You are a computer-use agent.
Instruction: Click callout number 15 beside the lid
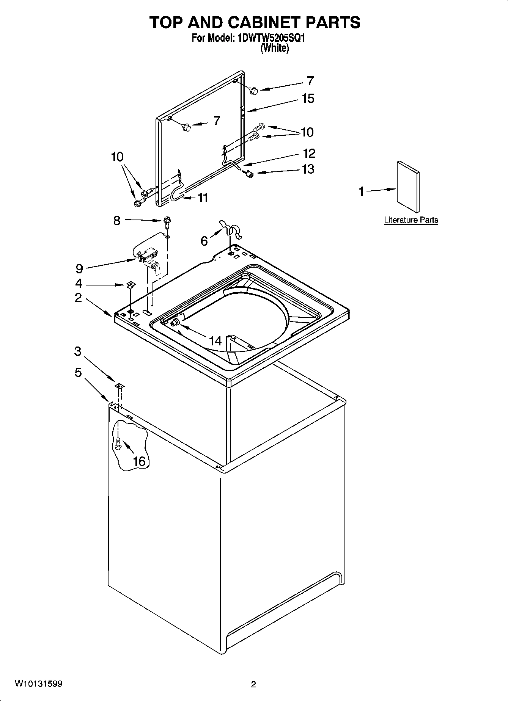308,99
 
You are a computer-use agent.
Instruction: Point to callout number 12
309,154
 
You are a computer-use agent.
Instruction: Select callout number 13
308,169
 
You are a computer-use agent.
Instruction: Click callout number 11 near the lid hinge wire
203,198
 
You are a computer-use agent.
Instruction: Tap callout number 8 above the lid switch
117,220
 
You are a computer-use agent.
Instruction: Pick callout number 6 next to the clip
204,241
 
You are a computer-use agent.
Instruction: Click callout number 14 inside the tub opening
215,341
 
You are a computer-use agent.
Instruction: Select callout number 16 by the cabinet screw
139,461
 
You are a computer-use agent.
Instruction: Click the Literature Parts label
411,220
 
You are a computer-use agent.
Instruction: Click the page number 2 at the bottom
253,684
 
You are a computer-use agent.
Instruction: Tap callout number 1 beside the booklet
362,192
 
